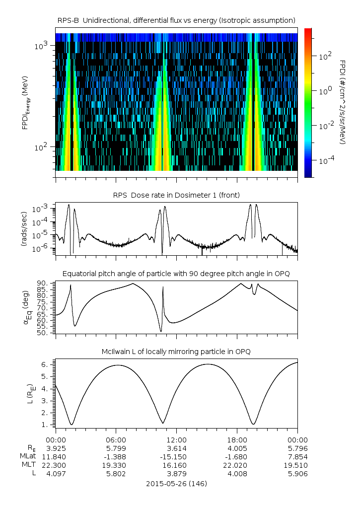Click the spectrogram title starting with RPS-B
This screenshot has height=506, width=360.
point(176,20)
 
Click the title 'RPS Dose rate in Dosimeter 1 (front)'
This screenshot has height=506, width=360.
point(176,195)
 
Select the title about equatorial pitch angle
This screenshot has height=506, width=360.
point(176,274)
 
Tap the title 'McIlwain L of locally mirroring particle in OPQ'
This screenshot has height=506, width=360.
point(176,352)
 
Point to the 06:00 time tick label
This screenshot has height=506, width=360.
point(116,439)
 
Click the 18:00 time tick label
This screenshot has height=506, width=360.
point(237,439)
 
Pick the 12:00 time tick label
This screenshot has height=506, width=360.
point(176,439)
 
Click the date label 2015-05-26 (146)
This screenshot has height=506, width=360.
point(176,483)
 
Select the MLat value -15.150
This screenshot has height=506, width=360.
point(176,456)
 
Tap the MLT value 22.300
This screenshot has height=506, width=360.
point(56,465)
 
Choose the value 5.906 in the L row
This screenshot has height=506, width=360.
point(297,474)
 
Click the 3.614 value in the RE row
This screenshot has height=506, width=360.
point(176,448)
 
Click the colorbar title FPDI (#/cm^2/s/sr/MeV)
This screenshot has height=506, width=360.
point(343,102)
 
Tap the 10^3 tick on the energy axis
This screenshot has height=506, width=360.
point(41,46)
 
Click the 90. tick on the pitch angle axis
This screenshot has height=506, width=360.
point(42,283)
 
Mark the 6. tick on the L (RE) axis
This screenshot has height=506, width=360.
point(44,364)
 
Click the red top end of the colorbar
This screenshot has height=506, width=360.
point(308,31)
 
